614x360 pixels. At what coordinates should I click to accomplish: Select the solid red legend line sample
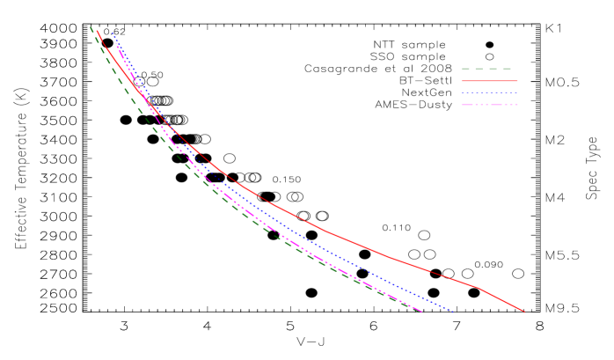click(x=489, y=81)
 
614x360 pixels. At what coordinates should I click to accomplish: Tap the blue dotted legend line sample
click(x=489, y=92)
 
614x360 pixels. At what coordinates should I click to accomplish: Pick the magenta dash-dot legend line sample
click(x=489, y=105)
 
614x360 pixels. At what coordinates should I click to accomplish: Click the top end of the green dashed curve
click(x=91, y=27)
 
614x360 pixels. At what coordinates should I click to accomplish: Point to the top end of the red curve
click(x=97, y=31)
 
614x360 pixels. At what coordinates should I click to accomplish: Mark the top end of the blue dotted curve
click(x=113, y=33)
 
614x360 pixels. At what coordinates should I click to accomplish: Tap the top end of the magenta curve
click(x=116, y=43)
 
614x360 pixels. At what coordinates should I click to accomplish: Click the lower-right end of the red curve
click(x=525, y=312)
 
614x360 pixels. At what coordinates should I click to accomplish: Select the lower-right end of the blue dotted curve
click(x=453, y=311)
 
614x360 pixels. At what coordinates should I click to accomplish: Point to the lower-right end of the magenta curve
click(x=422, y=312)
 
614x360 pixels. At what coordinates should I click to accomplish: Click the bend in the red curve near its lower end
click(x=479, y=288)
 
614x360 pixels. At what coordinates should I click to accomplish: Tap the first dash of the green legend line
click(x=465, y=69)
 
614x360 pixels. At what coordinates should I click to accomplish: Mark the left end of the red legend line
click(x=461, y=81)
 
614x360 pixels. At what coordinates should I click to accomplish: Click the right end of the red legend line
click(x=517, y=81)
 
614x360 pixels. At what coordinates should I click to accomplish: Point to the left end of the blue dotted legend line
click(x=461, y=92)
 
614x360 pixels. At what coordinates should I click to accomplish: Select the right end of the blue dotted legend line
click(x=517, y=92)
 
